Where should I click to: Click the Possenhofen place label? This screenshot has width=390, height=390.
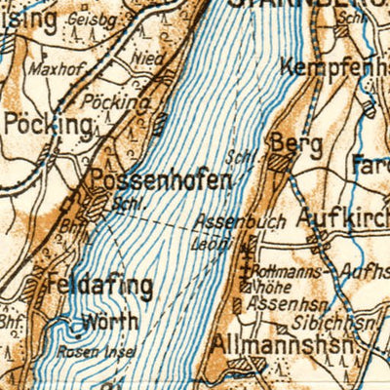pos(161,180)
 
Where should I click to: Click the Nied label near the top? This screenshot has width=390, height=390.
pos(148,58)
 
